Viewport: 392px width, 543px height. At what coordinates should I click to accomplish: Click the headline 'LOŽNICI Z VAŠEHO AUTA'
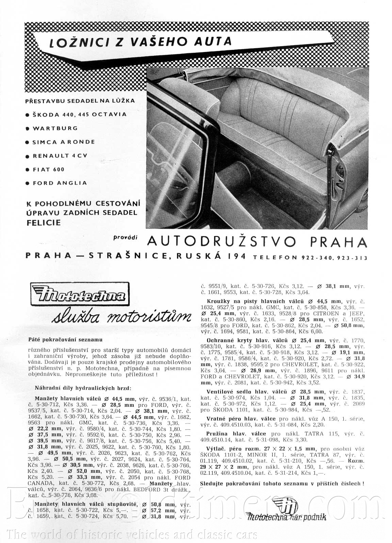pos(141,41)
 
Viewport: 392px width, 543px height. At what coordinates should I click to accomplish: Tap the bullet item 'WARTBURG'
pos(55,128)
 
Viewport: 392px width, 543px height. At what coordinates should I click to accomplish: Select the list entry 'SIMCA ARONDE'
pos(64,142)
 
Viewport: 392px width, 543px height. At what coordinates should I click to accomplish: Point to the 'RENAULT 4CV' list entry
pos(60,156)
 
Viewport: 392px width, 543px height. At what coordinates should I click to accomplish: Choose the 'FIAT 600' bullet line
pos(48,169)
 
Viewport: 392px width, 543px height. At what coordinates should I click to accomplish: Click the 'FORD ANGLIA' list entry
pos(60,183)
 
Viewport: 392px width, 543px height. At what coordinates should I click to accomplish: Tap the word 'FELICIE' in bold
pos(43,223)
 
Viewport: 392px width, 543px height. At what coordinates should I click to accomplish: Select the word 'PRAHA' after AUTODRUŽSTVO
pos(339,242)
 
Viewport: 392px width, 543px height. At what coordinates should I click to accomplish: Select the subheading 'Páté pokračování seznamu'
pos(65,339)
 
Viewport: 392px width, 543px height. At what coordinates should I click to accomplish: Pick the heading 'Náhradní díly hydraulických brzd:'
pos(83,388)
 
